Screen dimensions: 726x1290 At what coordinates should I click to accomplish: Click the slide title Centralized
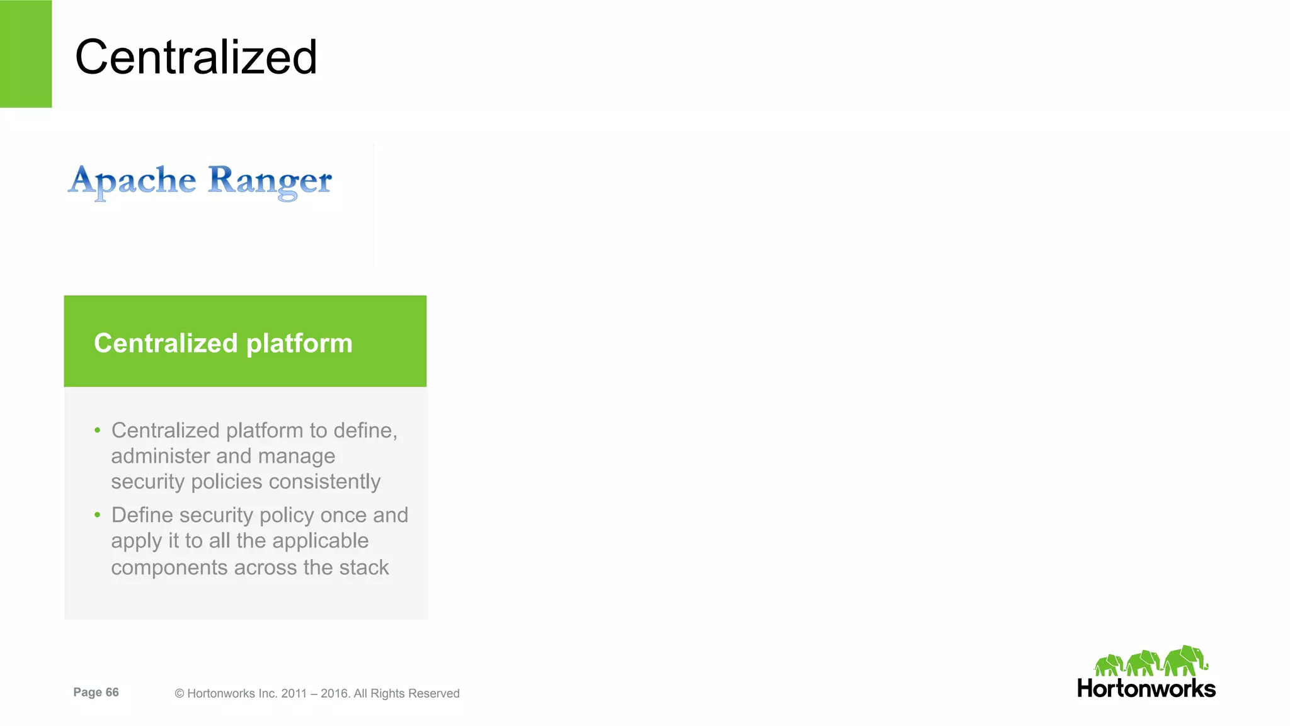click(x=196, y=57)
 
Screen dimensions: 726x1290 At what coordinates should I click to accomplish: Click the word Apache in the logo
click(x=132, y=181)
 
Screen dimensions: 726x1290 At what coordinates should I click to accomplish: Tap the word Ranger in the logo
click(x=270, y=181)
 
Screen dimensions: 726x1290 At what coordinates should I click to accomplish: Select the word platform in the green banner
click(x=299, y=343)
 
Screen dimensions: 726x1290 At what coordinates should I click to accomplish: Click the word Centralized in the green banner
click(x=166, y=343)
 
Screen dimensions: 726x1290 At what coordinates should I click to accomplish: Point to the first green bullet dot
click(x=98, y=431)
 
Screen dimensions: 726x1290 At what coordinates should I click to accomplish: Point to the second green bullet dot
click(x=98, y=515)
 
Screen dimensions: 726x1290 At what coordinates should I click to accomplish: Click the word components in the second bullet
click(x=169, y=567)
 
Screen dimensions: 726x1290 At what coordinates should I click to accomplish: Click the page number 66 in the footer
click(x=112, y=693)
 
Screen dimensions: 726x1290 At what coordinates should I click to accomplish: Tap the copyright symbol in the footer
click(x=180, y=694)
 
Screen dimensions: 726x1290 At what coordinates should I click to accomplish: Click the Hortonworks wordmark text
click(x=1146, y=689)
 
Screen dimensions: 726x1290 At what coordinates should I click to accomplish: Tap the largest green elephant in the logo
click(x=1185, y=661)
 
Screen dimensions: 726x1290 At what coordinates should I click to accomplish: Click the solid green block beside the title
click(x=26, y=54)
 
